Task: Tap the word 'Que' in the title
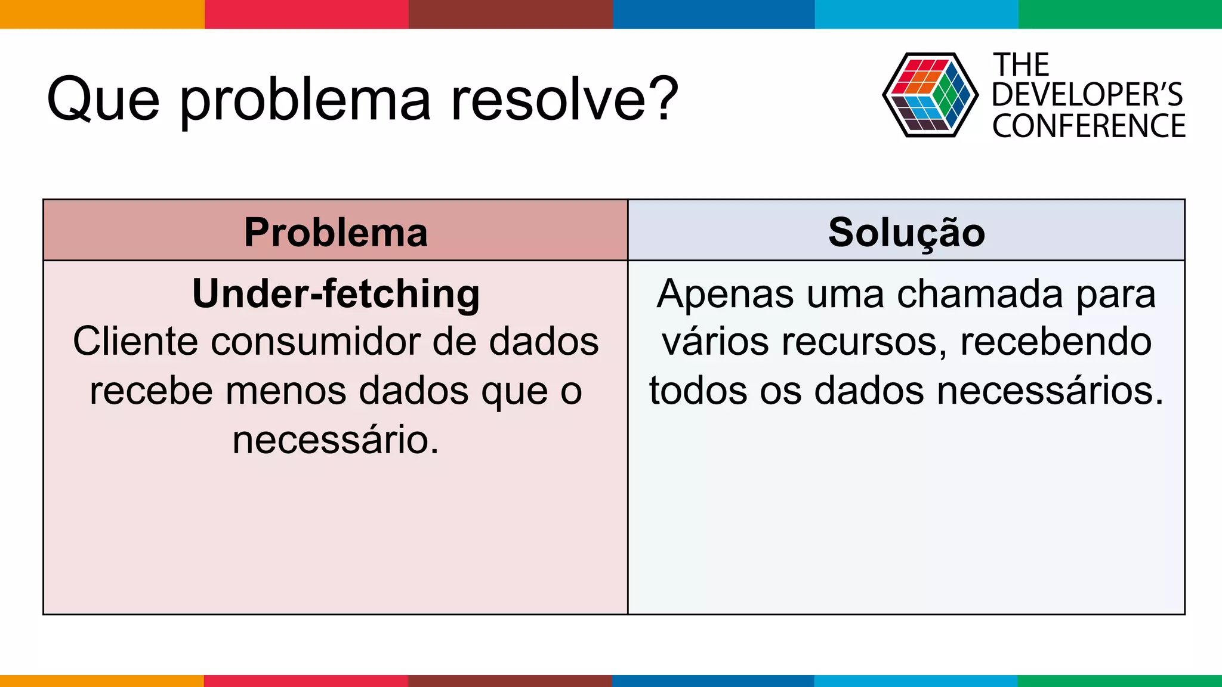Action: (x=103, y=99)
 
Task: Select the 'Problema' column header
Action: (x=335, y=232)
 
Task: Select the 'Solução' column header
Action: (x=906, y=232)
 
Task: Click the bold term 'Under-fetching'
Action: (x=335, y=295)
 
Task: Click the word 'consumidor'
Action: (x=315, y=342)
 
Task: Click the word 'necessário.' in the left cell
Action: (x=335, y=440)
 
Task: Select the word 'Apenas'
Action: (x=725, y=295)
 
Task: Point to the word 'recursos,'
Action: (x=864, y=342)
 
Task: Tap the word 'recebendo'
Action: (x=1056, y=342)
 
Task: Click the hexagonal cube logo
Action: (x=930, y=95)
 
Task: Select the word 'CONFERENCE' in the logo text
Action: (x=1088, y=126)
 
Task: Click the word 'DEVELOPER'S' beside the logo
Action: (x=1087, y=95)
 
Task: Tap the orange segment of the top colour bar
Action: (x=101, y=14)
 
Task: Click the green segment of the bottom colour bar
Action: (x=1119, y=680)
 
